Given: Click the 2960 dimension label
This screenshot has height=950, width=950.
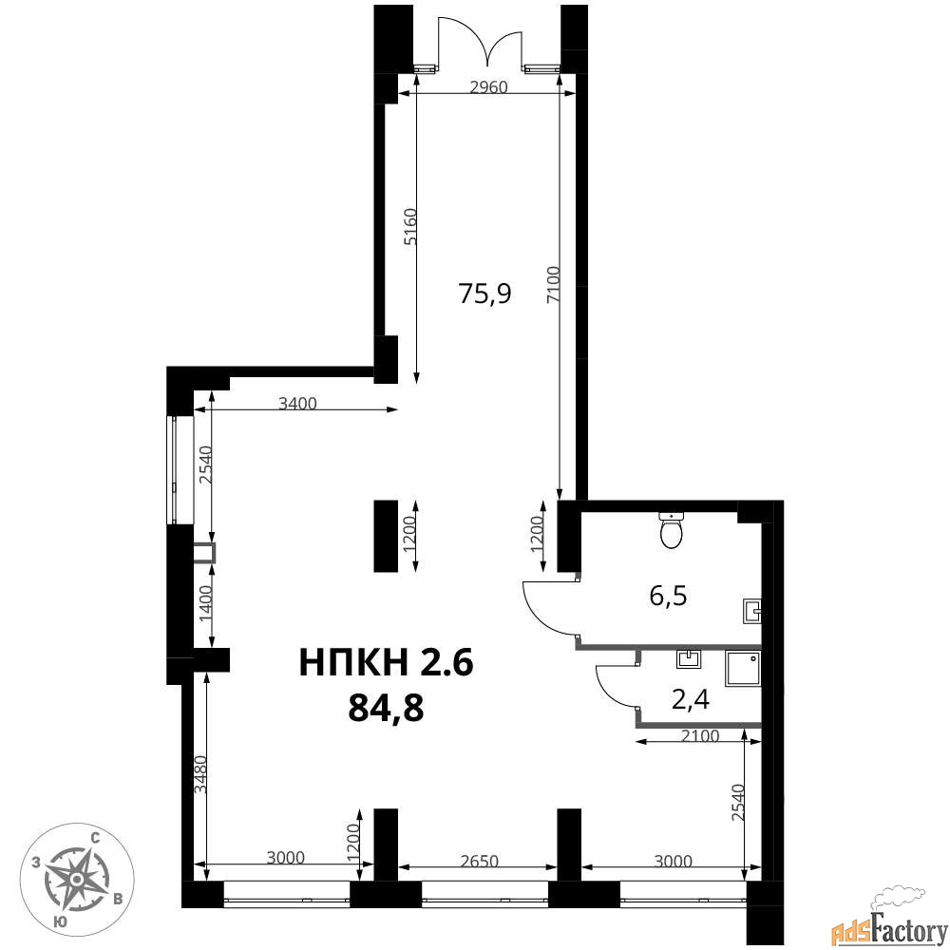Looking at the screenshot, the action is (488, 87).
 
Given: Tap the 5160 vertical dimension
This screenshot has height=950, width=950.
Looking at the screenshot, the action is (410, 227).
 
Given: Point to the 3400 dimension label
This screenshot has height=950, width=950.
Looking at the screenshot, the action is (297, 403).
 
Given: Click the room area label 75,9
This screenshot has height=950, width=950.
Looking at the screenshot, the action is (484, 294).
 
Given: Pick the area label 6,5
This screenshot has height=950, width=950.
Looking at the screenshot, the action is (668, 597).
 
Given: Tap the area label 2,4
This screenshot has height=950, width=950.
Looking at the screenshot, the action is (691, 700).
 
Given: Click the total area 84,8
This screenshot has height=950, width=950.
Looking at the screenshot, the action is (386, 708).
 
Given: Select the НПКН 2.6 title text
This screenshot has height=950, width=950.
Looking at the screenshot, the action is (386, 661).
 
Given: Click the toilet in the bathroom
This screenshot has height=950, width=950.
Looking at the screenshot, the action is (671, 530).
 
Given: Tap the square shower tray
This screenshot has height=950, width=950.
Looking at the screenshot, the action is (744, 669).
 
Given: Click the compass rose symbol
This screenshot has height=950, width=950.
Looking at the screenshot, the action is (77, 878).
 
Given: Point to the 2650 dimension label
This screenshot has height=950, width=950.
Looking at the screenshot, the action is (479, 861).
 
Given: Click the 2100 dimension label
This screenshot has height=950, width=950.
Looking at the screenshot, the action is (700, 736).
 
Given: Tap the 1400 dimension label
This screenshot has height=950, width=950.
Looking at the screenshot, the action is (206, 603).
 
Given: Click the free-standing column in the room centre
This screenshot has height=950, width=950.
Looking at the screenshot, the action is (386, 536).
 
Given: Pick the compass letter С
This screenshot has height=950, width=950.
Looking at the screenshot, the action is (95, 838).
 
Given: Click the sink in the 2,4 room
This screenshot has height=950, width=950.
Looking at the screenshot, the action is (688, 659).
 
